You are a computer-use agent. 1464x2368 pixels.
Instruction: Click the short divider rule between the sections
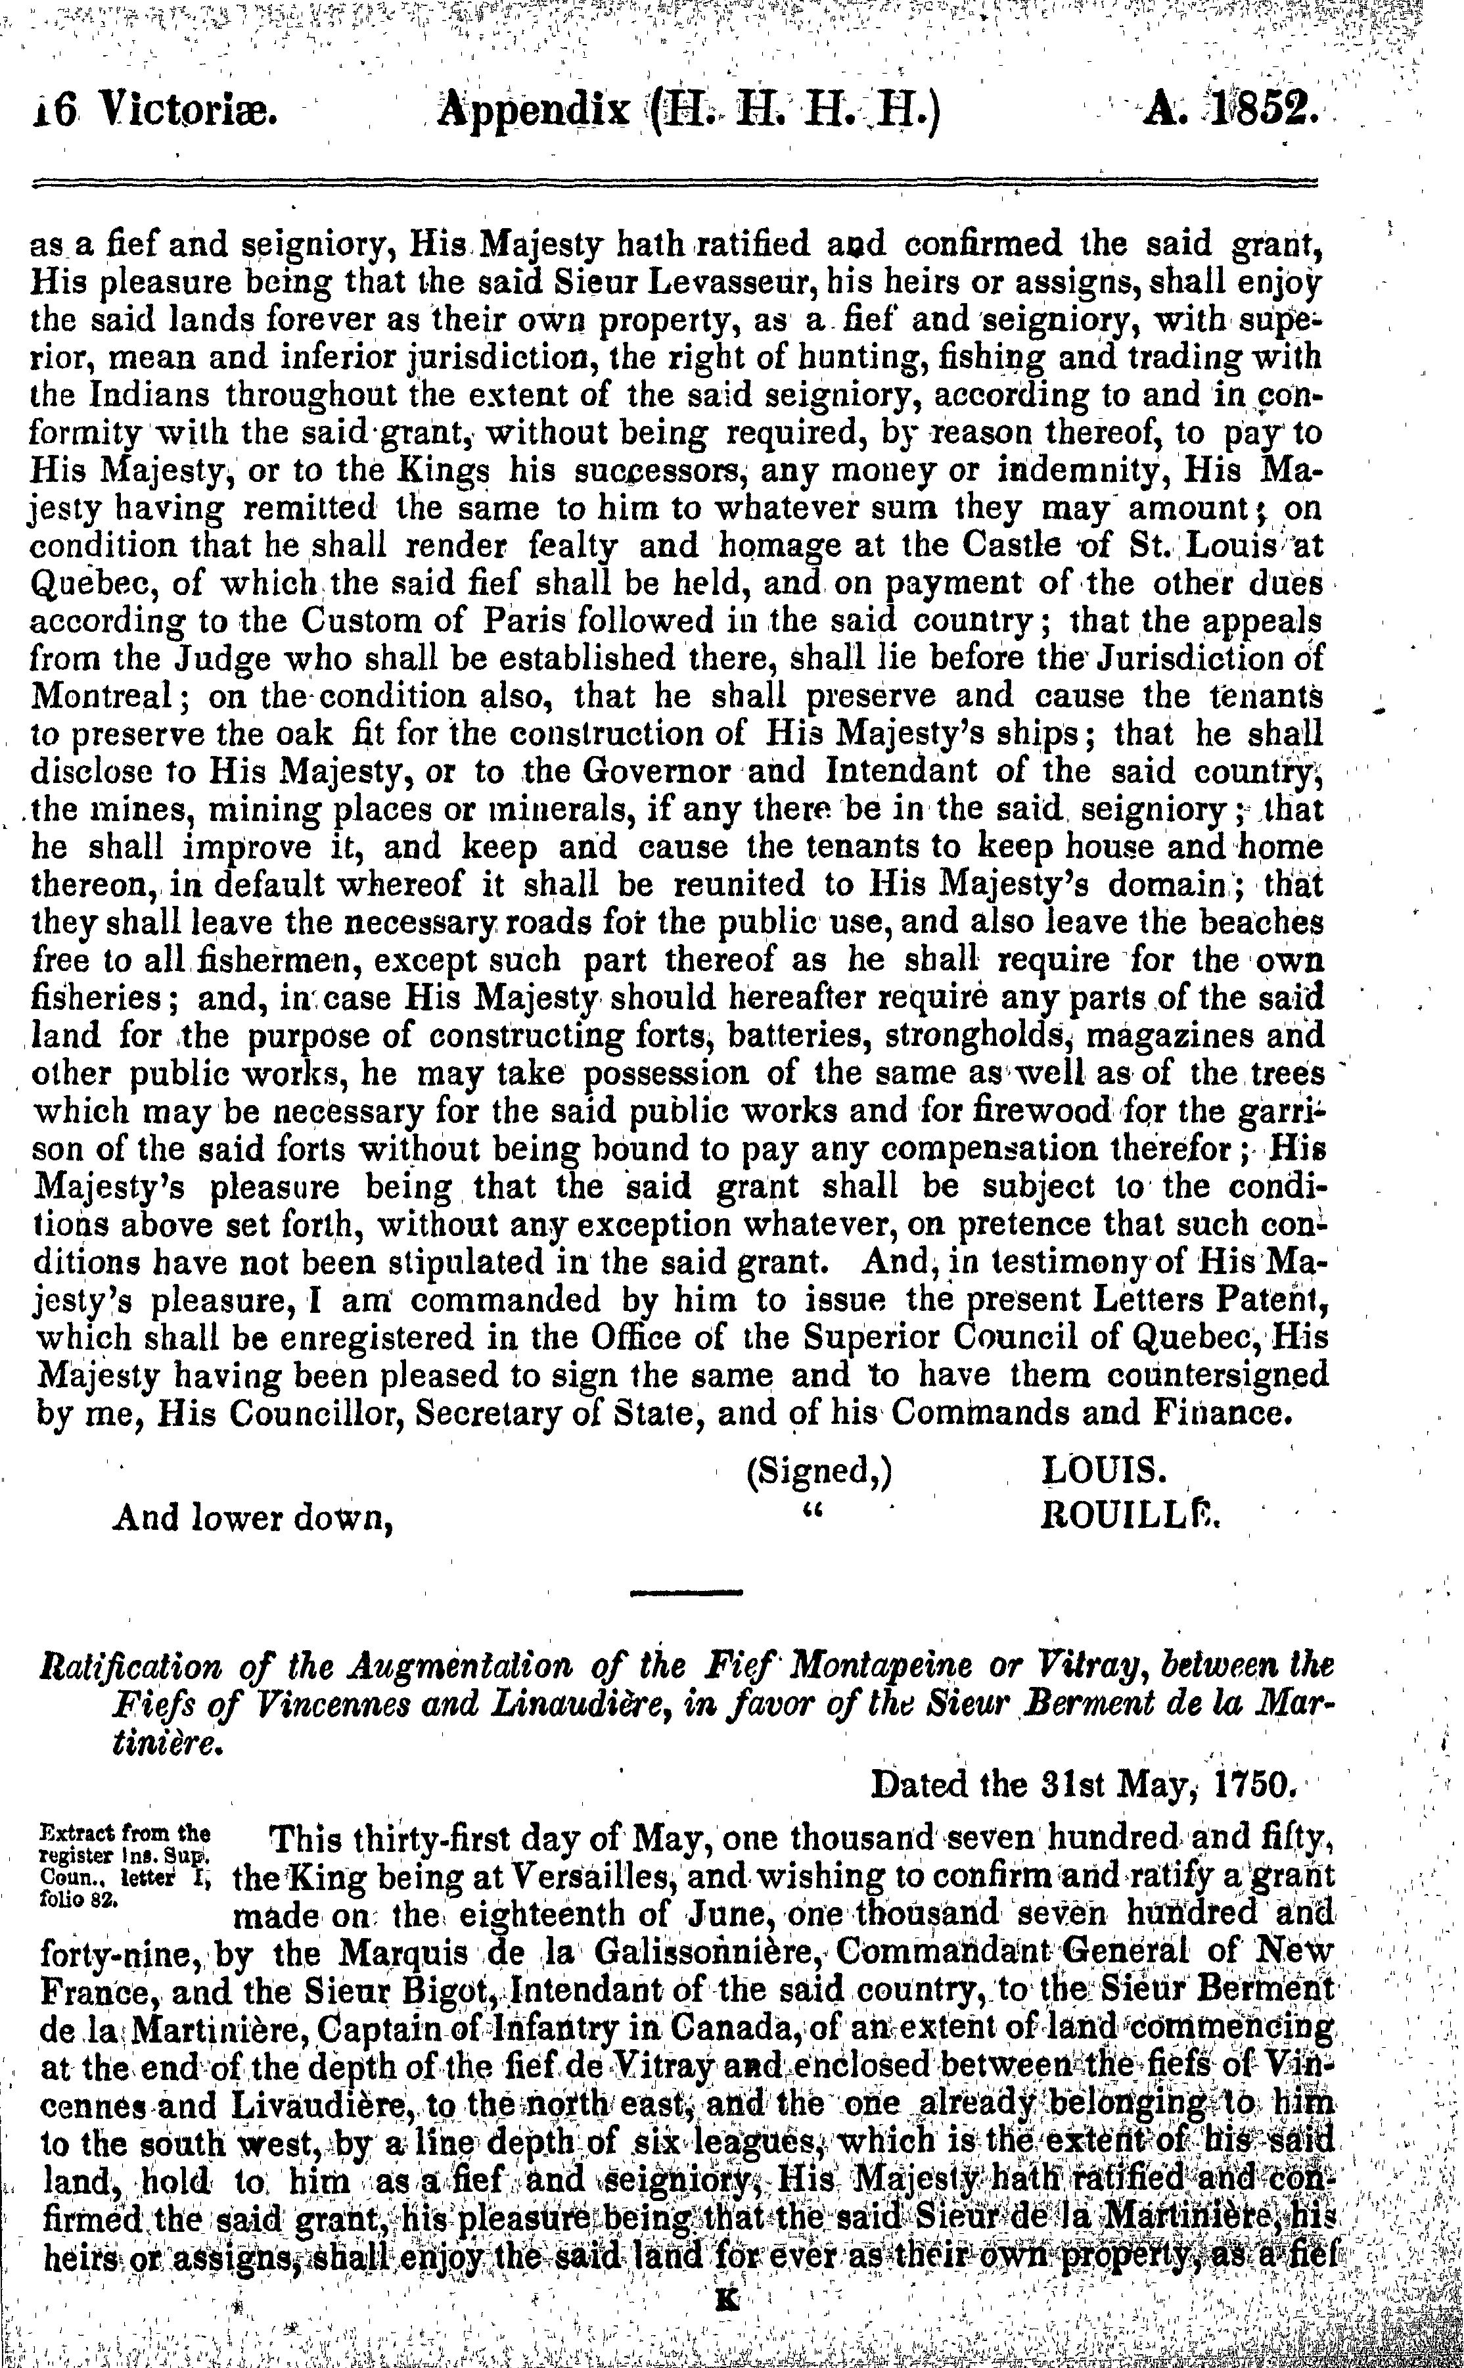(685, 1591)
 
